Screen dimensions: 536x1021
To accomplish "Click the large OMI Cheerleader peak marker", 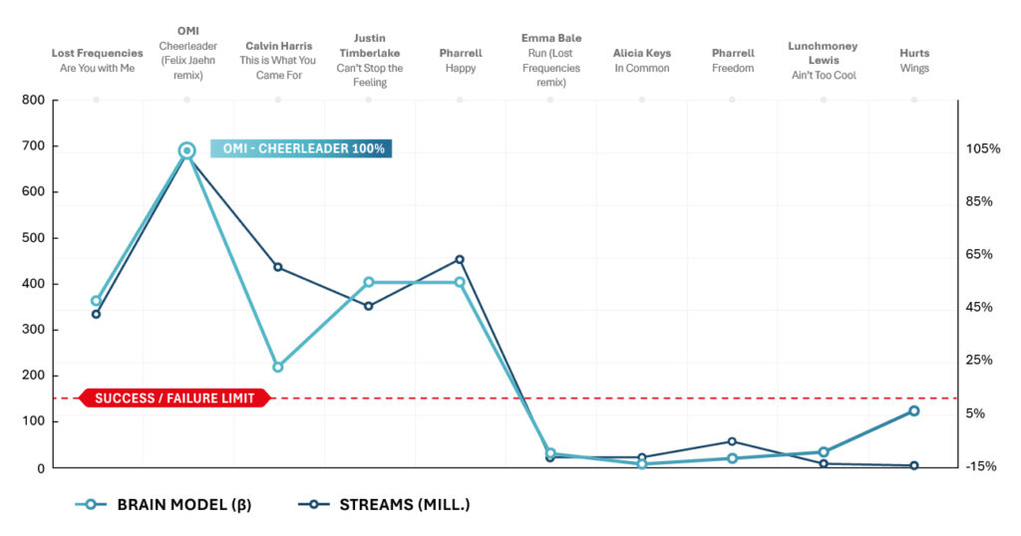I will [186, 150].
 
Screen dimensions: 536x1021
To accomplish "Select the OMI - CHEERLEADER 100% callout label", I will [301, 148].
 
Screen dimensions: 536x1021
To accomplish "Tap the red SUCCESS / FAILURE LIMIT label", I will [174, 399].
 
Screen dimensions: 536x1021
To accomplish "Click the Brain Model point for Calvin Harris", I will [278, 367].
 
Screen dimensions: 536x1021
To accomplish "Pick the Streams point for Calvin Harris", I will [278, 267].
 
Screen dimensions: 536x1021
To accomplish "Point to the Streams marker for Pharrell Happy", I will [460, 259].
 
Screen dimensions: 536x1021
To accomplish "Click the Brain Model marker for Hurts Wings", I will [913, 410].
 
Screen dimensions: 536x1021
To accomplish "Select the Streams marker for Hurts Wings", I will [913, 465].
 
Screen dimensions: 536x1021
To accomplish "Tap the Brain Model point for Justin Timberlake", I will [369, 282].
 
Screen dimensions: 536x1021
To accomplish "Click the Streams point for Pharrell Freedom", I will [732, 441].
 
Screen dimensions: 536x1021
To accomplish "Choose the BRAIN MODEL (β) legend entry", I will [165, 504].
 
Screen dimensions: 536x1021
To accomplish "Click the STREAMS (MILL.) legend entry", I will [384, 504].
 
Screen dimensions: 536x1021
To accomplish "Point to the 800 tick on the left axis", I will [33, 101].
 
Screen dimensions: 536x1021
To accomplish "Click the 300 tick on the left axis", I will [33, 330].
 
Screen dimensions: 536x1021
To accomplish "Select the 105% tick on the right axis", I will [982, 148].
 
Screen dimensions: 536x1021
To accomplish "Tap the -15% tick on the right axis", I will [982, 466].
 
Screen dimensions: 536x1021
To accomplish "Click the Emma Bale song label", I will [551, 60].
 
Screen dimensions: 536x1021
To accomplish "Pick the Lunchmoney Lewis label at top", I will [823, 60].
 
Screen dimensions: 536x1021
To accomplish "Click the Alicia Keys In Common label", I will [642, 61].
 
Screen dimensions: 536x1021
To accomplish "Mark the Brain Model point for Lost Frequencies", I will [97, 301].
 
